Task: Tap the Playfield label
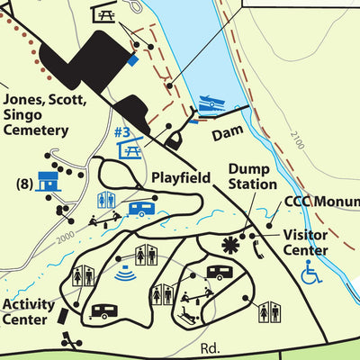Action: click(x=181, y=177)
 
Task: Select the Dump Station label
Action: click(x=252, y=176)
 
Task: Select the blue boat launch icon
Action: click(x=208, y=105)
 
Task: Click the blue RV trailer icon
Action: click(x=141, y=209)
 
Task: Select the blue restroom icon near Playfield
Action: click(x=105, y=199)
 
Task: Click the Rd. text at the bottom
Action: click(x=211, y=348)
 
